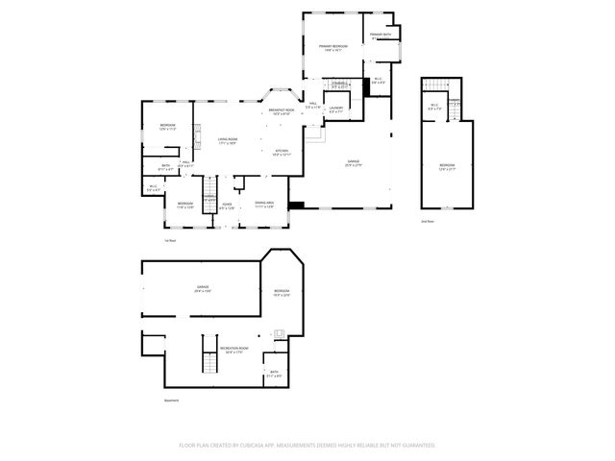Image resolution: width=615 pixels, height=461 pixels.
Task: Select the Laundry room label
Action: (336, 109)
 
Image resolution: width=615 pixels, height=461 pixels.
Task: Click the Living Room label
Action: (227, 140)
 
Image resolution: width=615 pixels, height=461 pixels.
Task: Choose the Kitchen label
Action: (282, 152)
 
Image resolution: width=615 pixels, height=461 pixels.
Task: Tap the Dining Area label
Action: (264, 204)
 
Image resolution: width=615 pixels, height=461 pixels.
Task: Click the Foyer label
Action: (227, 205)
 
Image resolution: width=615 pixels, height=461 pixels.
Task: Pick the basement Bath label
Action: (274, 374)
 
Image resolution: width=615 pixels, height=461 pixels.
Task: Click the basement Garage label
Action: (203, 287)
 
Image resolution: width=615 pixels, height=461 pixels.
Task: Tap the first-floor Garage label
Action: (353, 162)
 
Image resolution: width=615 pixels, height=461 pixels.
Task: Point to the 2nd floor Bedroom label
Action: (447, 165)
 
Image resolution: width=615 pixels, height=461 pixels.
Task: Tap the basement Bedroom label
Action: (281, 293)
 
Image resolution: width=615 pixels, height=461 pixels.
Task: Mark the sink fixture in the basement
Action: (279, 334)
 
